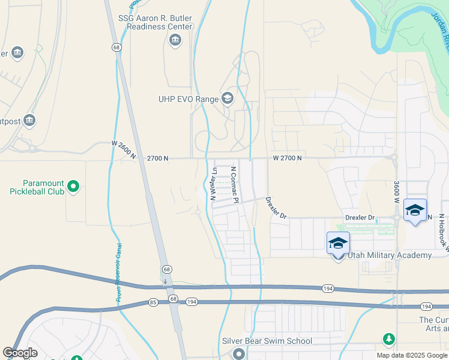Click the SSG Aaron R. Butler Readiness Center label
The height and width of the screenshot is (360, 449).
pyautogui.click(x=155, y=22)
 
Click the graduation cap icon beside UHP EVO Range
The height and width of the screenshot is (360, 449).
pyautogui.click(x=228, y=98)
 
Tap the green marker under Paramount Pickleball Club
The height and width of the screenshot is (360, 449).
pyautogui.click(x=73, y=187)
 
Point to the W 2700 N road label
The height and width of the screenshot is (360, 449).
pyautogui.click(x=287, y=158)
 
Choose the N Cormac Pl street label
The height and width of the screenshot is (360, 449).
pyautogui.click(x=235, y=185)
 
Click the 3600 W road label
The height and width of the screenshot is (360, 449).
pyautogui.click(x=397, y=192)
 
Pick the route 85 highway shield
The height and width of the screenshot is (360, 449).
pyautogui.click(x=153, y=302)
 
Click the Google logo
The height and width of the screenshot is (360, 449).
pyautogui.click(x=20, y=353)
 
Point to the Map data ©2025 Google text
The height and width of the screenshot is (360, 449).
pyautogui.click(x=411, y=355)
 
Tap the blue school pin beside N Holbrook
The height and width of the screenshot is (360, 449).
pyautogui.click(x=415, y=211)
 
